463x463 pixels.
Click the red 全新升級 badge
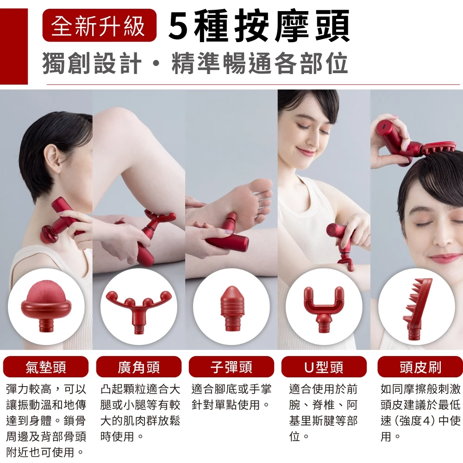point(99,25)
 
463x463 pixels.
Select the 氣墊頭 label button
point(46,367)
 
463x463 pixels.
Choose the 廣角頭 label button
point(138,367)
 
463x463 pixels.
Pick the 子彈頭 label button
point(231,367)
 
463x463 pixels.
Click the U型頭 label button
point(324,367)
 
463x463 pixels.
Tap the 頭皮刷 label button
point(420,367)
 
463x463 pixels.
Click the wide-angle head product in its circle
point(138,310)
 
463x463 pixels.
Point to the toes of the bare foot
point(263,201)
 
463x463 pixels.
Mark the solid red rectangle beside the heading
point(14,46)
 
